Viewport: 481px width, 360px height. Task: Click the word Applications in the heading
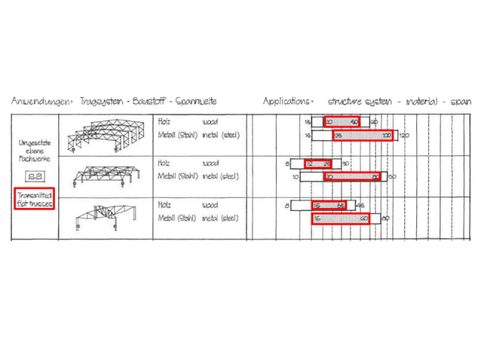[x=287, y=100]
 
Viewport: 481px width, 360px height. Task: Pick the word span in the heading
[x=461, y=100]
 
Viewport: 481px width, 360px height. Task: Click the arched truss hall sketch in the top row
[x=103, y=136]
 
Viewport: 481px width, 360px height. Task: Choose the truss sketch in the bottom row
[x=105, y=217]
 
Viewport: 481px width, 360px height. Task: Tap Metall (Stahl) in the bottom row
[x=176, y=218]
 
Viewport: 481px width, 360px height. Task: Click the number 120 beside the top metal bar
[x=403, y=136]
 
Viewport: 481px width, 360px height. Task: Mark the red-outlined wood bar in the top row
[x=342, y=121]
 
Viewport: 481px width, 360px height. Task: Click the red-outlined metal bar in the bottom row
[x=342, y=218]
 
